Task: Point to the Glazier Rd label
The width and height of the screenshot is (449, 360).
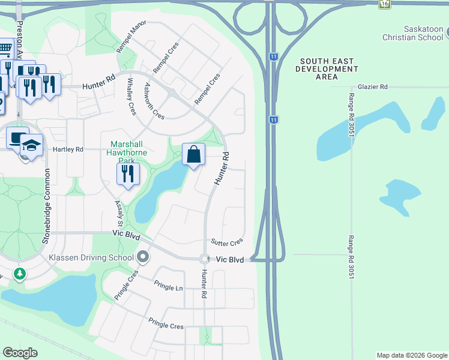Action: point(372,87)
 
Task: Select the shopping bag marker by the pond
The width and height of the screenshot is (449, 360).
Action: point(193,155)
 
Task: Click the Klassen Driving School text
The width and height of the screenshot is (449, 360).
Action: point(91,258)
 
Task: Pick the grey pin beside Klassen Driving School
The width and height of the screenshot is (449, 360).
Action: point(143,257)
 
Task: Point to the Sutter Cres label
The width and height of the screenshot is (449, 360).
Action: point(226,242)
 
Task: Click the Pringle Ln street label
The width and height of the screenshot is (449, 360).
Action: point(168,286)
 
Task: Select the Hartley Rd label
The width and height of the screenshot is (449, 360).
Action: point(68,149)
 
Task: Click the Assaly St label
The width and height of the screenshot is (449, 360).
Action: point(118,213)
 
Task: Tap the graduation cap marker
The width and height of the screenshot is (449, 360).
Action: point(31,146)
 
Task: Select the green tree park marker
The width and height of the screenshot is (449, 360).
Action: point(20,274)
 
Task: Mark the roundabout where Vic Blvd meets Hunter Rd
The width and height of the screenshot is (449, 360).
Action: point(204,259)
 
